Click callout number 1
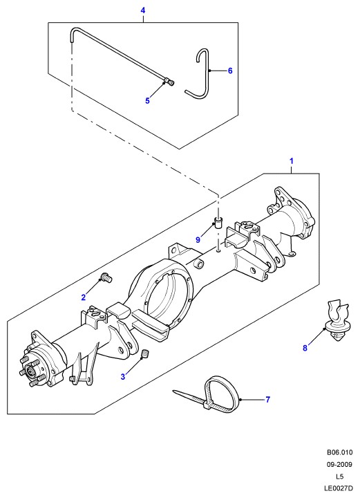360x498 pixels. pyautogui.click(x=292, y=161)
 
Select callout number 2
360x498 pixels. pyautogui.click(x=84, y=297)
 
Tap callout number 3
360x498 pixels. pyautogui.click(x=123, y=377)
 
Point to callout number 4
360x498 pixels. pyautogui.click(x=143, y=10)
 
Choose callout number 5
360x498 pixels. pyautogui.click(x=147, y=101)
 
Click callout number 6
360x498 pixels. pyautogui.click(x=230, y=71)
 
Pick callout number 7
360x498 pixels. pyautogui.click(x=267, y=399)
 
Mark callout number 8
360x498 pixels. pyautogui.click(x=305, y=348)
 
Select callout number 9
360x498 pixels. pyautogui.click(x=198, y=239)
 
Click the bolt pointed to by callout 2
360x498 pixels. pyautogui.click(x=106, y=277)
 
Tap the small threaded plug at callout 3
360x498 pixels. pyautogui.click(x=145, y=353)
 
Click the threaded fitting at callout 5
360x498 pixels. pyautogui.click(x=170, y=82)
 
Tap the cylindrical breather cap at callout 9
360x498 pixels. pyautogui.click(x=218, y=222)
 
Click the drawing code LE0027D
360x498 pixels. pyautogui.click(x=339, y=488)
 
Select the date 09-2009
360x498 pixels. pyautogui.click(x=339, y=464)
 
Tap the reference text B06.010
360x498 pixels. pyautogui.click(x=339, y=452)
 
